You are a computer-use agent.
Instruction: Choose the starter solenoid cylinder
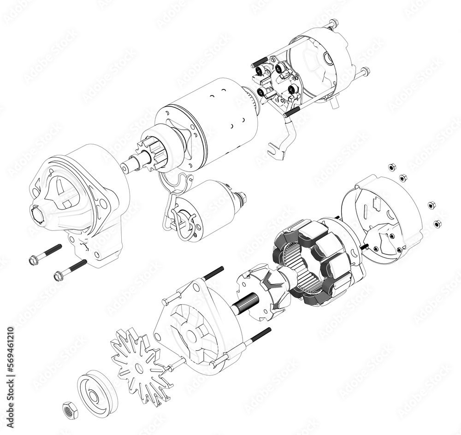(x=203, y=207)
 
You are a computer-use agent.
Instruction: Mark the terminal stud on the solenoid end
(x=242, y=199)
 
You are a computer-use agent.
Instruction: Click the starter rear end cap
(x=323, y=60)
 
